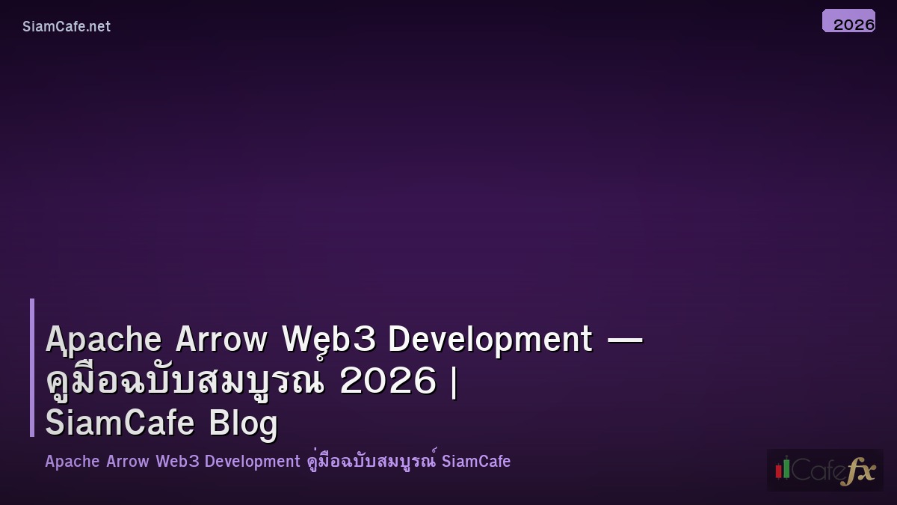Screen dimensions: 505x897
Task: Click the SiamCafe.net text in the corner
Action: pos(67,26)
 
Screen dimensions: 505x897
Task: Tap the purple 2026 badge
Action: pos(848,22)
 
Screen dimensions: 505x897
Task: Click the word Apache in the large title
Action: pos(104,340)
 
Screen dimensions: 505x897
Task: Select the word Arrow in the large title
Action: pos(221,340)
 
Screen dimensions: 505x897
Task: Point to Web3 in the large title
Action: pos(328,340)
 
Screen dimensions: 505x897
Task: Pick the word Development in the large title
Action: pos(490,340)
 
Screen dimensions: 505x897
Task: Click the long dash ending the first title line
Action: pos(625,340)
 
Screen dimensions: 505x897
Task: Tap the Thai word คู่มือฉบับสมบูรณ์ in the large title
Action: pos(185,382)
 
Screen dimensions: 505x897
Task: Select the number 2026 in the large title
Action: pos(388,382)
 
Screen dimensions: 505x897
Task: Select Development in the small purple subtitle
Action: pos(252,462)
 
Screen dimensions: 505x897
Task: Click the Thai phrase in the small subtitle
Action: pos(372,462)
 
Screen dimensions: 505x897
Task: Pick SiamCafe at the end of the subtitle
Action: pos(476,462)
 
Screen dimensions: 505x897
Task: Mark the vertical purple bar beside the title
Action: pos(32,367)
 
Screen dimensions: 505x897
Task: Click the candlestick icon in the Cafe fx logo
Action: pos(783,468)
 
